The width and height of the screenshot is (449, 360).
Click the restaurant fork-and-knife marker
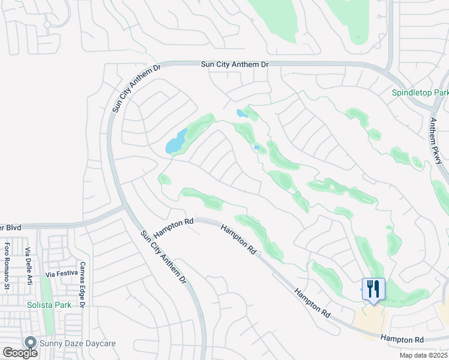(x=373, y=290)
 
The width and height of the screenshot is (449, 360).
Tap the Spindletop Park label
(x=420, y=93)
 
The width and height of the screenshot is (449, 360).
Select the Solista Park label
(x=49, y=305)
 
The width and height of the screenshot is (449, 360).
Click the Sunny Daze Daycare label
(x=77, y=343)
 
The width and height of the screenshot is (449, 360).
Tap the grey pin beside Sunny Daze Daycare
(x=30, y=343)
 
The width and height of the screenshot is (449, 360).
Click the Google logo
(x=20, y=353)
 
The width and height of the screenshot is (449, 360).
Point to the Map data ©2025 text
(x=424, y=355)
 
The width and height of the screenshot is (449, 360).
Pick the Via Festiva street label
(x=62, y=274)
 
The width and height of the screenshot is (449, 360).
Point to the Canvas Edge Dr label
(x=83, y=284)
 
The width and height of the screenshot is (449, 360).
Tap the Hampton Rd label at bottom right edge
(x=402, y=340)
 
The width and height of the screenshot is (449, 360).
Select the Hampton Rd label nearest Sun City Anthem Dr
(x=173, y=229)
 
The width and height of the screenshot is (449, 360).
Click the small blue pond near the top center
(x=242, y=113)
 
